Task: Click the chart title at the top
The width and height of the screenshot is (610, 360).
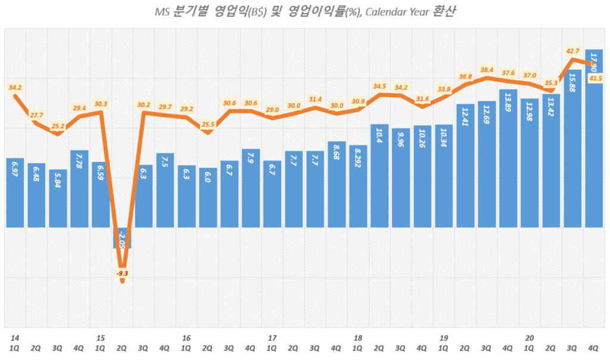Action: point(305,11)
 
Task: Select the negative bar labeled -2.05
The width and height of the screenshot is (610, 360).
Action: point(122,237)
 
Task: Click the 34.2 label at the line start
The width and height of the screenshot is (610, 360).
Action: point(15,88)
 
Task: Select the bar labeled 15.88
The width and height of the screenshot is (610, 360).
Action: point(572,149)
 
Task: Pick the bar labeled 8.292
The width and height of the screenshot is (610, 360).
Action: point(358,186)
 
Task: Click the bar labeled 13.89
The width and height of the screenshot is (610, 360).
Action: point(508,158)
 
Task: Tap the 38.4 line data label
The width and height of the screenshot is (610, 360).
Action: point(487,69)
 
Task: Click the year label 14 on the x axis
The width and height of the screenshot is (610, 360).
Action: point(14,338)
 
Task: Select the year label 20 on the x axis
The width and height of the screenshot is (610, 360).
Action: point(529,338)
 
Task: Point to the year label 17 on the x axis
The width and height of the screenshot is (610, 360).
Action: point(272,338)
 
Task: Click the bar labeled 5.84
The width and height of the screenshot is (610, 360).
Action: point(58,198)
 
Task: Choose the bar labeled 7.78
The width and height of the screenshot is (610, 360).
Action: point(79,188)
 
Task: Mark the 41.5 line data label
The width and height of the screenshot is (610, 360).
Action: point(595,78)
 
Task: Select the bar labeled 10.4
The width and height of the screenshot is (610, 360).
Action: point(379,175)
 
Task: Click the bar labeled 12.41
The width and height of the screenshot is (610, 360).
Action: point(465,165)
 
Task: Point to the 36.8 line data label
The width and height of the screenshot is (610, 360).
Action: point(465,76)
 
